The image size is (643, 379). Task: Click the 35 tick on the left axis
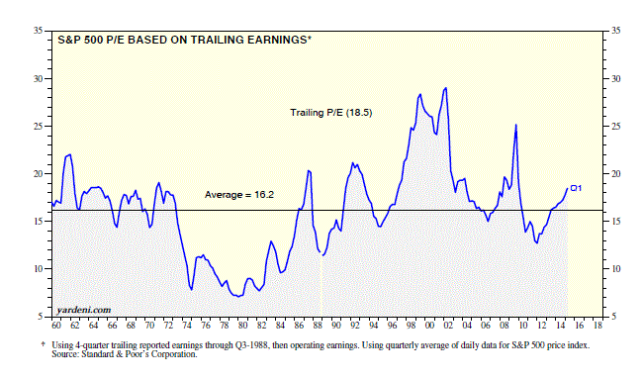click(x=37, y=32)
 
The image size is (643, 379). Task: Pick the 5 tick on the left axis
click(x=39, y=316)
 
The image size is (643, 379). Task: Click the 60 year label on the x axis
click(x=55, y=326)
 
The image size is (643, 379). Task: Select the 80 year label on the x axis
click(x=243, y=326)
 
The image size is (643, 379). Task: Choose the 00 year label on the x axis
click(x=430, y=326)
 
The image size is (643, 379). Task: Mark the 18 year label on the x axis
click(x=598, y=326)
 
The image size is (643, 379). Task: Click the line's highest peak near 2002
click(x=445, y=88)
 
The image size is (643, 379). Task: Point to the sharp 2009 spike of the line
click(x=515, y=125)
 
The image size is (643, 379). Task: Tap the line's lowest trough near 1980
click(x=237, y=295)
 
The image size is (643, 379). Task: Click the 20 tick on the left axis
click(x=37, y=174)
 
